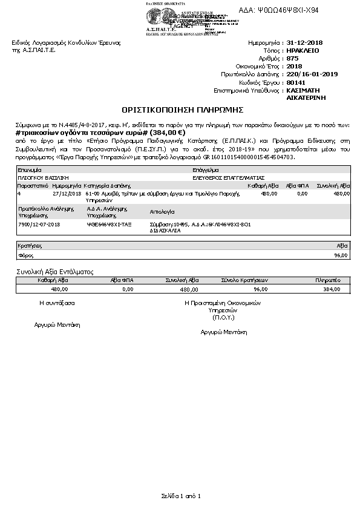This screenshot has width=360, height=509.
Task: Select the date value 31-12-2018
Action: (x=304, y=43)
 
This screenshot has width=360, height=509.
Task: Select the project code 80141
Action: (x=295, y=82)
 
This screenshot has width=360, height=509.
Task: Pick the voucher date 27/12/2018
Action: (x=67, y=194)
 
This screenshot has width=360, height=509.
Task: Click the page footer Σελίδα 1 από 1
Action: (x=180, y=496)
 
